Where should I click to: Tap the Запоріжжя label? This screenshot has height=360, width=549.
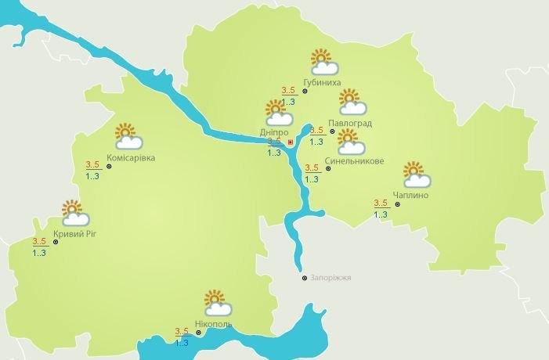tap(331, 278)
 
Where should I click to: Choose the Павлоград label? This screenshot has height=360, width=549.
tap(350, 124)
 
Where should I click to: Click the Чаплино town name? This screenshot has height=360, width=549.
tap(413, 195)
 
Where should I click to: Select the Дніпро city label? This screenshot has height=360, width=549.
tap(273, 132)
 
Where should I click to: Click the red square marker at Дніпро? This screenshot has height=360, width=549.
tap(291, 142)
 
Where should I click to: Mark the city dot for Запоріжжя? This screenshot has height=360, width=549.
tap(305, 278)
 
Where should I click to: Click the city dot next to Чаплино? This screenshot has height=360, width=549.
tap(398, 204)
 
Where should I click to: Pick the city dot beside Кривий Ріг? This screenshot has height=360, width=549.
tap(56, 243)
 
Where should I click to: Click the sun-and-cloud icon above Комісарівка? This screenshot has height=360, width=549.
tap(128, 136)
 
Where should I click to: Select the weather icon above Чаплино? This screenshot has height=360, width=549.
tap(414, 174)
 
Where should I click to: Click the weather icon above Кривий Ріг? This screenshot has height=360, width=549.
tap(74, 213)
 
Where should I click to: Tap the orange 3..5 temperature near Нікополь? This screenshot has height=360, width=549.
tap(182, 330)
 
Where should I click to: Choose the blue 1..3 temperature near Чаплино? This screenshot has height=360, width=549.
tap(381, 214)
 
